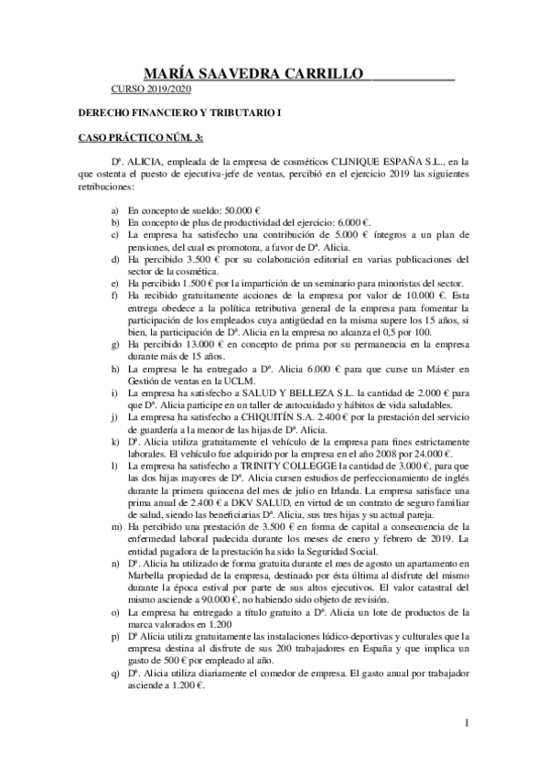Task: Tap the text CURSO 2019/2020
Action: pyautogui.click(x=150, y=90)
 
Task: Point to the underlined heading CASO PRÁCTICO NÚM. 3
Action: pyautogui.click(x=129, y=137)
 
